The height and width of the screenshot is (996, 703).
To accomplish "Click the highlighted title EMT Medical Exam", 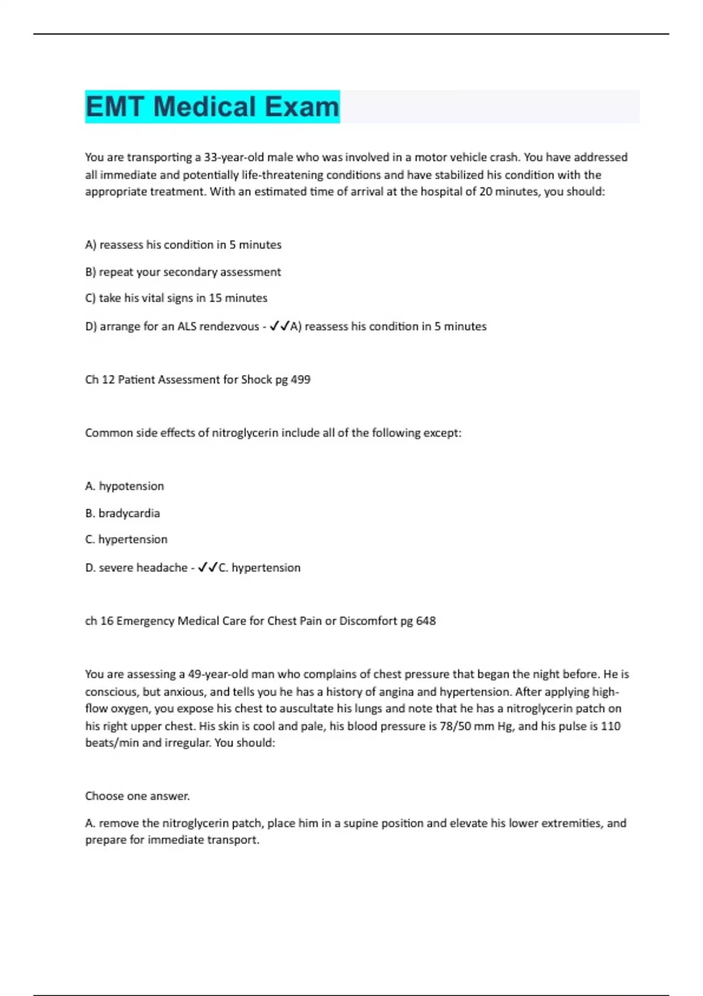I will (x=212, y=107).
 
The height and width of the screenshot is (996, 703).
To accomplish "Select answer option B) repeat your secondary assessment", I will (x=183, y=272).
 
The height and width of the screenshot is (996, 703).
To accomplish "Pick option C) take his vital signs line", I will (x=176, y=298).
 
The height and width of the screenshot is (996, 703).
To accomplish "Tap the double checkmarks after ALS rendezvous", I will (x=279, y=326).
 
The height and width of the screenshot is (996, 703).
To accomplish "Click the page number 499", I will (x=301, y=380).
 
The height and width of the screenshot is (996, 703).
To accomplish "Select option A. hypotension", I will (x=124, y=486).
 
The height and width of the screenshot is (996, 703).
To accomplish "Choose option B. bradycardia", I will (x=122, y=513).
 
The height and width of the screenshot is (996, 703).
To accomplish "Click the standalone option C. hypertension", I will (x=126, y=540).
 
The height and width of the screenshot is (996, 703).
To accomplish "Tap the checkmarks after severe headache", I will (x=208, y=568).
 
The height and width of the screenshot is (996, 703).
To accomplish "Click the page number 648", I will (x=426, y=621).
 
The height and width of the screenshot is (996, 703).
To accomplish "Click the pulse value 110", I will (x=611, y=726).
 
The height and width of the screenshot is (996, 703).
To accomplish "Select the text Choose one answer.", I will (x=137, y=796).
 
